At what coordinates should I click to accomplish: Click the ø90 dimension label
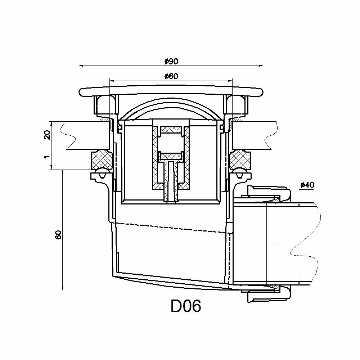(x=171, y=62)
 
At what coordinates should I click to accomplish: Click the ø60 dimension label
(x=171, y=76)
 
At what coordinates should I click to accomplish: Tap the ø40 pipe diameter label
(x=307, y=185)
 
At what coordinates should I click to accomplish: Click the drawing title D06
(x=185, y=306)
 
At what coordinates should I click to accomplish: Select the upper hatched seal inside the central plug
(x=171, y=129)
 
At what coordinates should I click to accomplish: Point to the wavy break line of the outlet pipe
(x=306, y=245)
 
